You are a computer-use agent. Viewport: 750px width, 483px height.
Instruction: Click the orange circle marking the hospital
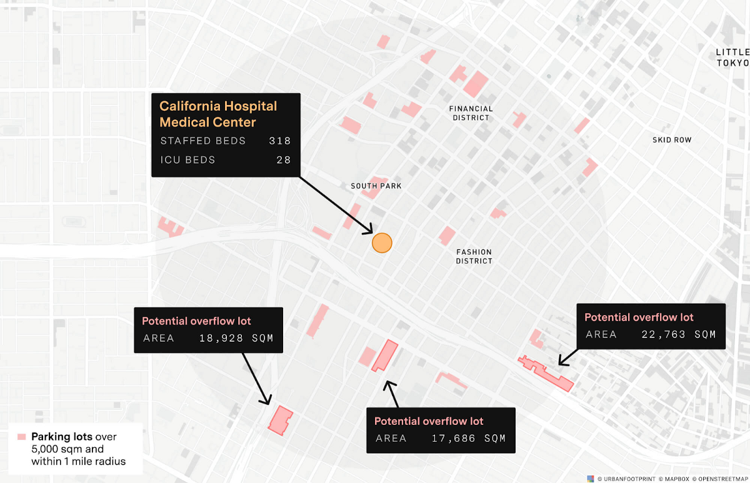[381, 242]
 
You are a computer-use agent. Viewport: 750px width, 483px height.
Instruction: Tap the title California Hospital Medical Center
[218, 114]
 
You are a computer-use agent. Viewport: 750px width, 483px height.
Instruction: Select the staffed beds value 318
[280, 141]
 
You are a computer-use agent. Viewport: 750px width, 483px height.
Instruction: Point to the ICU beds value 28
[284, 160]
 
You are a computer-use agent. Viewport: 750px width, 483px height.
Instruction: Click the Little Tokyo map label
[732, 57]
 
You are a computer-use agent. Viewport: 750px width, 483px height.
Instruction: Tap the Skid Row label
[672, 140]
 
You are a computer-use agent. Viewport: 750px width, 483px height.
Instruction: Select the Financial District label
[471, 113]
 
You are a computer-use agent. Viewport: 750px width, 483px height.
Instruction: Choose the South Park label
[376, 186]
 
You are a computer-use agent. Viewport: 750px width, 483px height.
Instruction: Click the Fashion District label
[474, 256]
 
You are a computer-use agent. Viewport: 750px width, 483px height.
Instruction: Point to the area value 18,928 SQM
[236, 339]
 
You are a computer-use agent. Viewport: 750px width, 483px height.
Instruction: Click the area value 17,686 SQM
[469, 438]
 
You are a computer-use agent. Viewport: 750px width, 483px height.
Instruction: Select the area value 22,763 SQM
[679, 334]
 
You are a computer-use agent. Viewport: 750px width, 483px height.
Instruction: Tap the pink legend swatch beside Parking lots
[22, 437]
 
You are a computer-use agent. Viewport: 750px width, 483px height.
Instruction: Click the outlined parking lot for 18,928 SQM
[281, 419]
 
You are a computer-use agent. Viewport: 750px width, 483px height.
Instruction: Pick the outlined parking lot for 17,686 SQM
[385, 356]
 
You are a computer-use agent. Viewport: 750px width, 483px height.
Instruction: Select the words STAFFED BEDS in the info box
[203, 141]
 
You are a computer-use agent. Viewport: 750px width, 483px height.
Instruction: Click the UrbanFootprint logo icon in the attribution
[591, 479]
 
